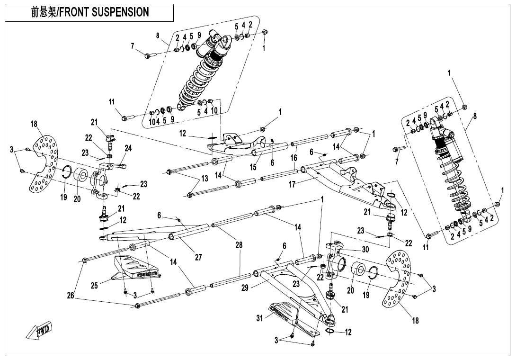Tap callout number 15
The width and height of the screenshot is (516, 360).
[253, 166]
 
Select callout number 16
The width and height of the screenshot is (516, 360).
[294, 158]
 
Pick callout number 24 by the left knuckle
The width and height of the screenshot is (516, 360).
[128, 148]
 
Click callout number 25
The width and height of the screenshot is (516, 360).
[94, 285]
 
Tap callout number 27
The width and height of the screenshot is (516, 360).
[198, 257]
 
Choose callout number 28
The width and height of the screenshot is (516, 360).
[239, 245]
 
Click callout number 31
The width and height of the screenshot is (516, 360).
[259, 318]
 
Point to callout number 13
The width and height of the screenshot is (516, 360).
[205, 179]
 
